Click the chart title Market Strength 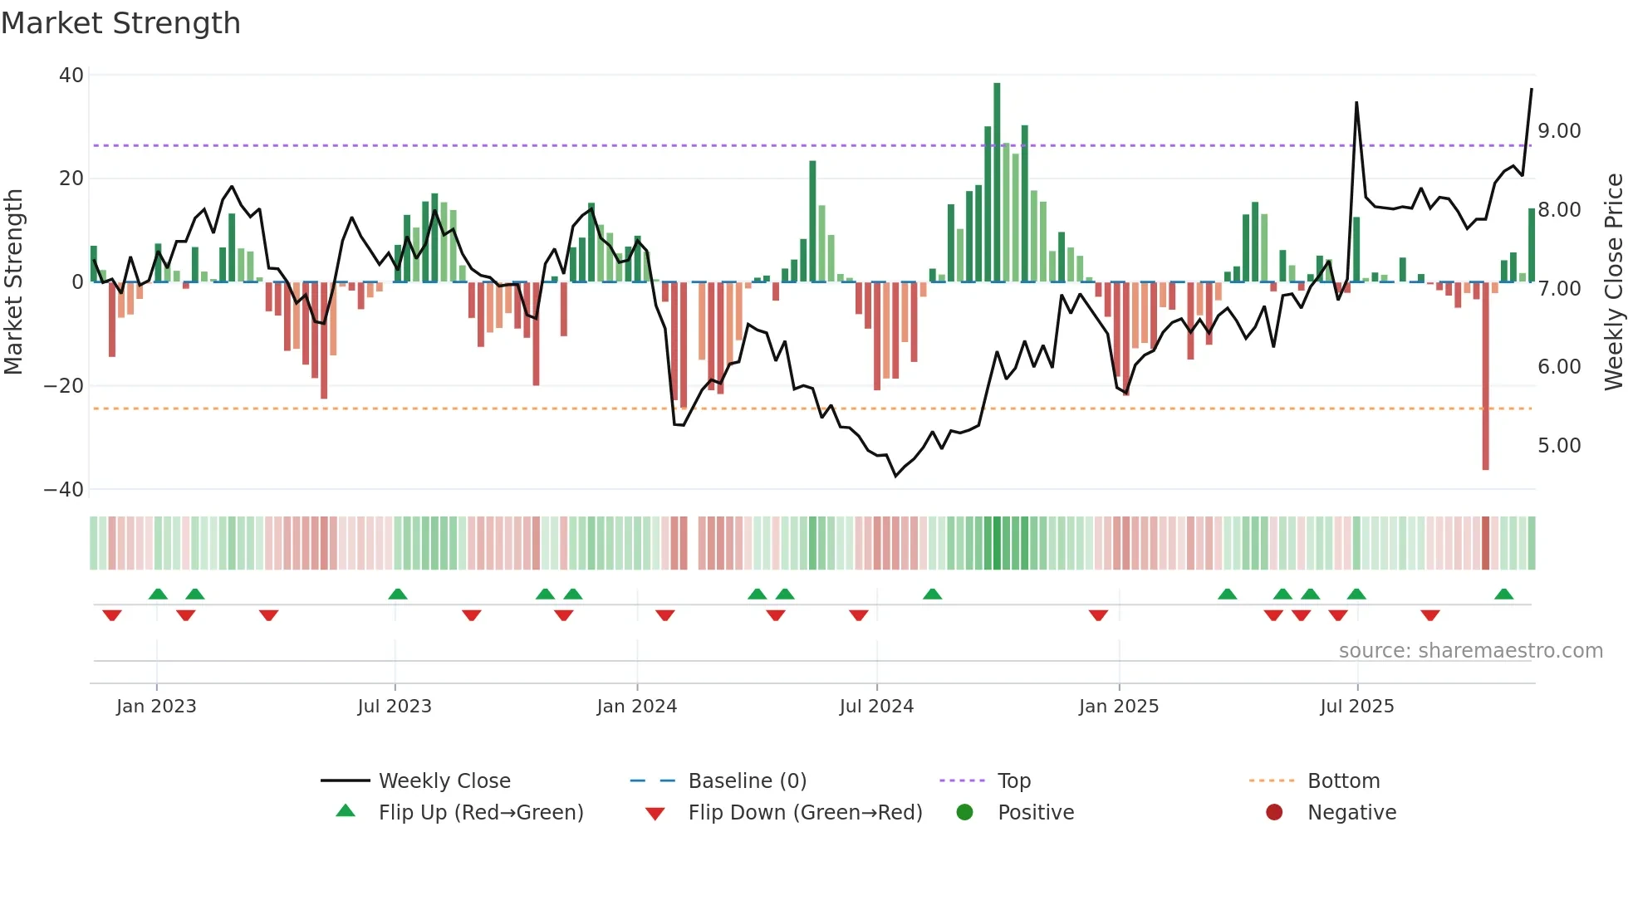(120, 23)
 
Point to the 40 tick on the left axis (71, 76)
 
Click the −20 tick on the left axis (64, 386)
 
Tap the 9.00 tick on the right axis (1559, 131)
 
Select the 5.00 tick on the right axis (1559, 446)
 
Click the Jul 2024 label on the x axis (876, 707)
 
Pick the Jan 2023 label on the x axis (156, 707)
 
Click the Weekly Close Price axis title (1613, 282)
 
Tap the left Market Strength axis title (13, 282)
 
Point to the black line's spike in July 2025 (1356, 104)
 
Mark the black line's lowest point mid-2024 (895, 475)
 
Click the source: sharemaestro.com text (1470, 651)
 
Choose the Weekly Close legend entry (444, 781)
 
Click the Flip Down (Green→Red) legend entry (804, 813)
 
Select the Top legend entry (1013, 781)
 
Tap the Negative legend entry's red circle (1274, 813)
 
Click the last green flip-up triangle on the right (1503, 595)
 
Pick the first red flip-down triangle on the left (112, 614)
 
